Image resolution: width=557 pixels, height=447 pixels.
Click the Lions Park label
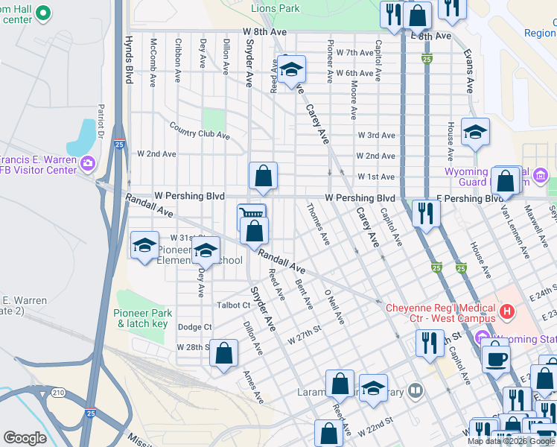[x=275, y=8]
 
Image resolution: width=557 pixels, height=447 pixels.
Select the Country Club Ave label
[x=199, y=131]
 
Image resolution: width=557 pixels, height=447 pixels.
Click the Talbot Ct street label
[x=234, y=305]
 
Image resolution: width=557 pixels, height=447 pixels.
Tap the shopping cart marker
[x=251, y=215]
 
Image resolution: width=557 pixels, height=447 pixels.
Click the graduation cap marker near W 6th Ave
[x=291, y=70]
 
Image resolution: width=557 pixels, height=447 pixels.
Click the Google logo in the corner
[x=25, y=437]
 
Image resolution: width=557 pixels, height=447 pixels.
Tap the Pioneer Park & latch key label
[x=144, y=319]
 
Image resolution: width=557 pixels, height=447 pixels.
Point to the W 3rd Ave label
[x=376, y=136]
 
